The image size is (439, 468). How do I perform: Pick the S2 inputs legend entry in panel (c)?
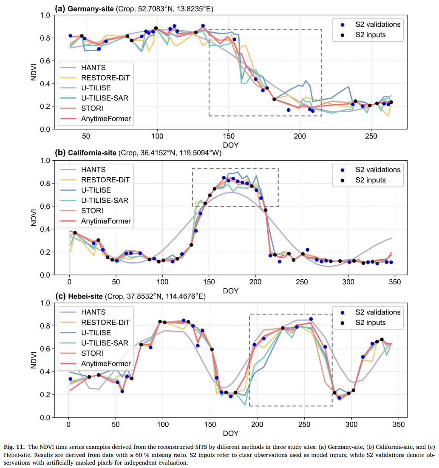coord(366,323)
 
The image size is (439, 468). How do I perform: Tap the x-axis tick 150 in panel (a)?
coord(229,136)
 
